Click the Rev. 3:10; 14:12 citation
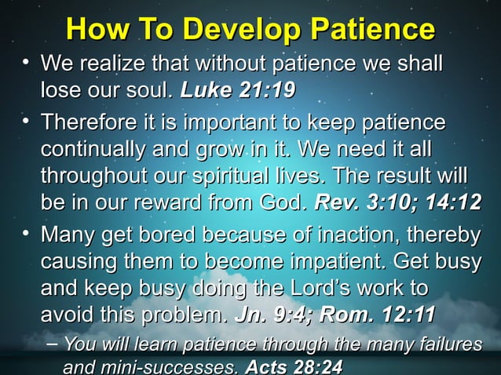coord(397,202)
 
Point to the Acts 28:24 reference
coord(294,366)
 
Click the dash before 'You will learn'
coord(51,344)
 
